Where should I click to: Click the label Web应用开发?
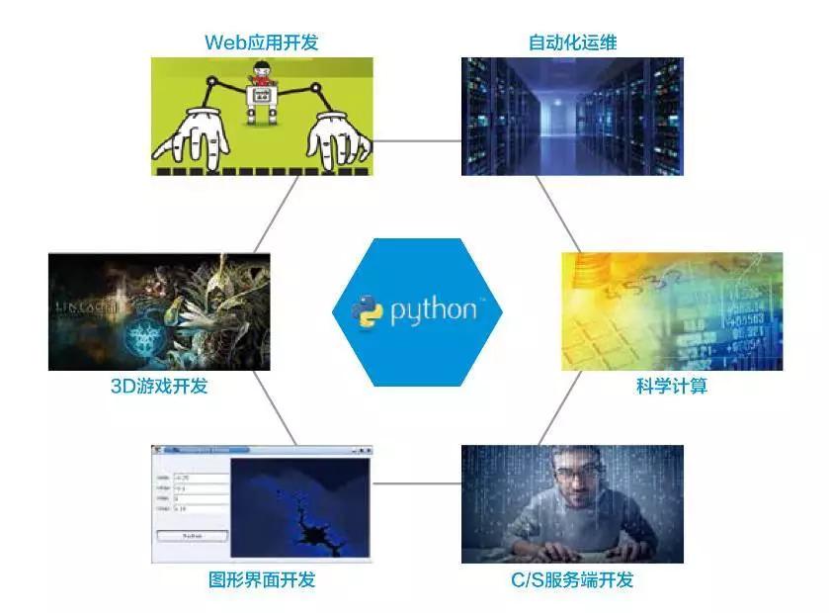(262, 42)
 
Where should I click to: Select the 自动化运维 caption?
(573, 42)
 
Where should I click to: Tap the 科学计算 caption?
(672, 386)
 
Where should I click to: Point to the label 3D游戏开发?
(159, 386)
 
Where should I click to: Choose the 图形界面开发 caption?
(262, 579)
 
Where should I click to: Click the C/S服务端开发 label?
(572, 579)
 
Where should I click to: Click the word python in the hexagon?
(433, 311)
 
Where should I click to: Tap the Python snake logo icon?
(367, 310)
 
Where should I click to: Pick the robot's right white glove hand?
(337, 139)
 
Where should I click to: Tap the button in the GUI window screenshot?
(192, 535)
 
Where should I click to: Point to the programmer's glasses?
(575, 473)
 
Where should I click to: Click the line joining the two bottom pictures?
(416, 483)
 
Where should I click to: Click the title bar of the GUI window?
(261, 450)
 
